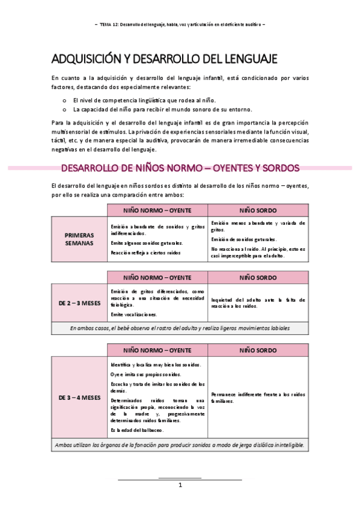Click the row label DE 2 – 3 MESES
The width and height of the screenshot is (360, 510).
click(79, 303)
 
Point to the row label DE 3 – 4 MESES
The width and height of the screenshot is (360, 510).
click(79, 398)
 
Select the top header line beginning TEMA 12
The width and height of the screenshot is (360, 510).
click(180, 24)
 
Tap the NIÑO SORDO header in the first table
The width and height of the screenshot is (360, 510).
click(258, 210)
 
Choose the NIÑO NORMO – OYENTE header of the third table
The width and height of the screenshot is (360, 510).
click(157, 350)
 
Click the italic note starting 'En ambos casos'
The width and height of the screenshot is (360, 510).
click(180, 328)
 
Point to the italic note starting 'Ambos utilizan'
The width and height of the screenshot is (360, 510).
click(180, 445)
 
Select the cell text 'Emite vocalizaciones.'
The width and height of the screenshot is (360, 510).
click(134, 315)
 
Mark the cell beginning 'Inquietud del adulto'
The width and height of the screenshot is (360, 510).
click(258, 303)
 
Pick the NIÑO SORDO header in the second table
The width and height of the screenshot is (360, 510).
click(258, 278)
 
